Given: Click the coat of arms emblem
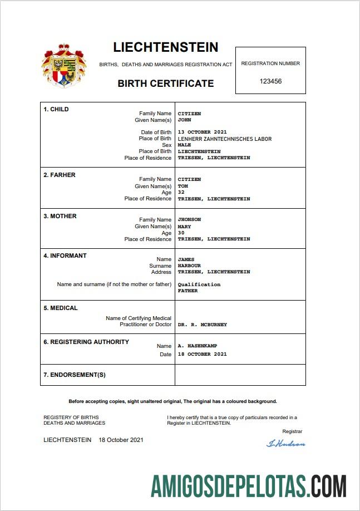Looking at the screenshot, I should click(63, 66).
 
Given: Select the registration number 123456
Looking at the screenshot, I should click(270, 81).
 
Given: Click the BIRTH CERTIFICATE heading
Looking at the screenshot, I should click(165, 83).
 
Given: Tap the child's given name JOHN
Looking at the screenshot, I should click(185, 120).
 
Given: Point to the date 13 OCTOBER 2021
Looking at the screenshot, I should click(202, 132).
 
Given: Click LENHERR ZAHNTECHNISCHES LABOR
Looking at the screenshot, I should click(225, 139).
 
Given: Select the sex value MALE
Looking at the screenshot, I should click(185, 145).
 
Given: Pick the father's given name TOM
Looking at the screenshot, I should click(183, 186).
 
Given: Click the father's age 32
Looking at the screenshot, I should click(181, 192).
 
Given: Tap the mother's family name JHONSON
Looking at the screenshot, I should click(189, 219).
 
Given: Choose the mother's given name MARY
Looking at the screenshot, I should click(184, 227).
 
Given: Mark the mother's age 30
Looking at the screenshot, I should click(181, 233).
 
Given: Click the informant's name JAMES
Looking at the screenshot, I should click(186, 259).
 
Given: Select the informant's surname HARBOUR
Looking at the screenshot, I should click(189, 266).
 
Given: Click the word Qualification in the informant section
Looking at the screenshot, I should click(199, 284).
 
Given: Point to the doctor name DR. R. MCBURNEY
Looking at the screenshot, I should click(202, 324).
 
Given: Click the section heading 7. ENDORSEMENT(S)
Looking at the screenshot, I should click(75, 375).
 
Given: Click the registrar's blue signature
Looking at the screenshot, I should click(286, 444).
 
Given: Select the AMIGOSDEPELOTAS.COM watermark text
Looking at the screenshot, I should click(249, 485).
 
